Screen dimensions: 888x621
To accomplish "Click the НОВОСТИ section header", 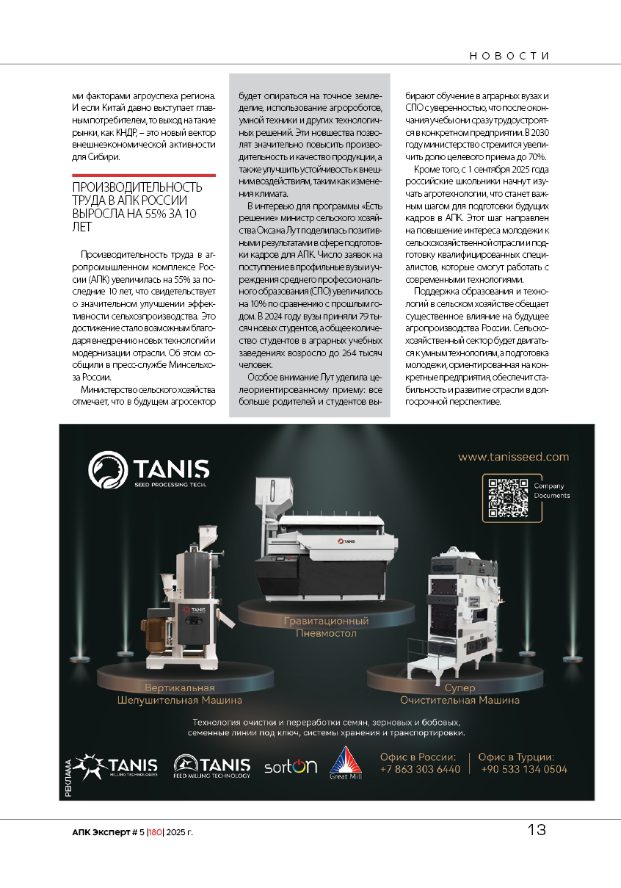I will coord(509,56).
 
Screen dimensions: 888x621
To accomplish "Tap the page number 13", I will coord(537,830).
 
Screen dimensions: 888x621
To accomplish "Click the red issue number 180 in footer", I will coord(155,832).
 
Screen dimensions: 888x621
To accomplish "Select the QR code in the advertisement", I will coord(508,497).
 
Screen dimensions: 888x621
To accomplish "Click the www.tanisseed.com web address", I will coord(513,457).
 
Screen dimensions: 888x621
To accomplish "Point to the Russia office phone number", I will coord(420,769).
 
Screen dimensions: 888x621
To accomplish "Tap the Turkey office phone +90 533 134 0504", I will coord(524,769).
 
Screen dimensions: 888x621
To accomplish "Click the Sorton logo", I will coord(291,766).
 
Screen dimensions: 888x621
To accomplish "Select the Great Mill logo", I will coord(345,764).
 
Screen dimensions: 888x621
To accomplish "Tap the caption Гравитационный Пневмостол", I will coord(327,627).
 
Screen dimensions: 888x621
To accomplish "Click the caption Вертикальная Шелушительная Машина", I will coord(180,694).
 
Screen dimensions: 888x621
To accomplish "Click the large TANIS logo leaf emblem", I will coord(107,470).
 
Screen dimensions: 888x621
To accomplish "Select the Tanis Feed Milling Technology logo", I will coord(212,766).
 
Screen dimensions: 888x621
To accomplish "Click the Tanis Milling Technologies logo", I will coord(117,766).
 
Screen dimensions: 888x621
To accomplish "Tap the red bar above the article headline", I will coord(143,176).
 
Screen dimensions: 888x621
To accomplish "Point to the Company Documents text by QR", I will coord(551,491).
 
